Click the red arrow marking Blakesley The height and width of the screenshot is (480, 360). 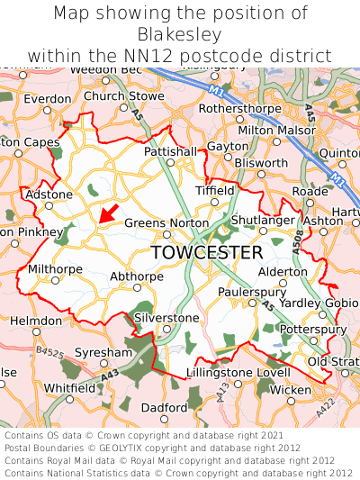(x=108, y=213)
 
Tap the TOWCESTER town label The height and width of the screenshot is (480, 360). (x=207, y=253)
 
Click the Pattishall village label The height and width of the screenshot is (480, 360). (x=169, y=152)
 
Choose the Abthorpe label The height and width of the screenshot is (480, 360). (x=133, y=277)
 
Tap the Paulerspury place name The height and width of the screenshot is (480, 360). (x=251, y=292)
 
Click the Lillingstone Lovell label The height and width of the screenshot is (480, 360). (x=238, y=372)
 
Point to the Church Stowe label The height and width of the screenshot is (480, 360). (x=124, y=96)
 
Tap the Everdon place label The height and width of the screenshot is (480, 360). (x=41, y=99)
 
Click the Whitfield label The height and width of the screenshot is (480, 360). (x=69, y=387)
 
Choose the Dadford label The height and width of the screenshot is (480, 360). (x=164, y=407)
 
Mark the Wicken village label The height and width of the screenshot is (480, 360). (x=290, y=390)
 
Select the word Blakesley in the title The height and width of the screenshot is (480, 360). (x=180, y=34)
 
